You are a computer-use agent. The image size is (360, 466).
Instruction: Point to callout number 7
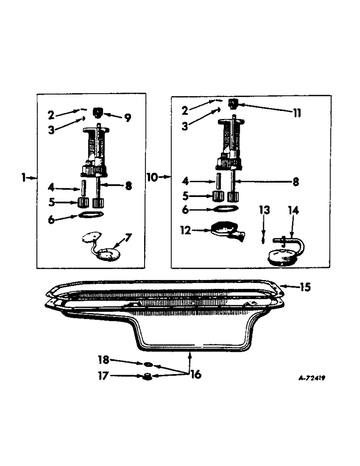tap(128, 238)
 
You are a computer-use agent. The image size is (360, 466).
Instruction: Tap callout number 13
tap(264, 211)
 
